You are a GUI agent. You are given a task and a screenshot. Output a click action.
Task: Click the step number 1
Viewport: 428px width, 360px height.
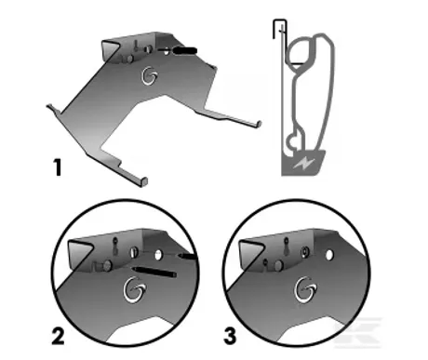pyautogui.click(x=58, y=167)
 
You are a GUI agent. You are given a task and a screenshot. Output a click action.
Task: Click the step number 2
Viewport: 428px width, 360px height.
pyautogui.click(x=58, y=337)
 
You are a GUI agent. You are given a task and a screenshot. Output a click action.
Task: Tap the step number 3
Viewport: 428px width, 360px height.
pyautogui.click(x=230, y=336)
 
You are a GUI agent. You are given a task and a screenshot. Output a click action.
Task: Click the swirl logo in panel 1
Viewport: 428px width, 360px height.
pyautogui.click(x=149, y=75)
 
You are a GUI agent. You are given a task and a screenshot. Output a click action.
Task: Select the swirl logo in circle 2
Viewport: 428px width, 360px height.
pyautogui.click(x=134, y=289)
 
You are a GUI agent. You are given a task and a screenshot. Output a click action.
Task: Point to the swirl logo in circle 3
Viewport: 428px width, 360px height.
pyautogui.click(x=305, y=289)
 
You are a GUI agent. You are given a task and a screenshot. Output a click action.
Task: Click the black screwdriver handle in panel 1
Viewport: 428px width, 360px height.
pyautogui.click(x=184, y=50)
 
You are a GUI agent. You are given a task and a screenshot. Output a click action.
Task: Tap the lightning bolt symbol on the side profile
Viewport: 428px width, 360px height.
pyautogui.click(x=304, y=163)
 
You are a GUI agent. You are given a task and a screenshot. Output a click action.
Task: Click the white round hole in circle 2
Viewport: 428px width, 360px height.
pyautogui.click(x=158, y=255)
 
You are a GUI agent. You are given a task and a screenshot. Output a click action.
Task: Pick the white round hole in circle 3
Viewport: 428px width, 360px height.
pyautogui.click(x=329, y=255)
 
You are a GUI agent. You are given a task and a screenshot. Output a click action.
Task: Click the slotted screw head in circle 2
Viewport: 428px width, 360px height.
pyautogui.click(x=134, y=251)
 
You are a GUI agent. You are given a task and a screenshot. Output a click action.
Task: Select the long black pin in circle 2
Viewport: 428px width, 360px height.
pyautogui.click(x=154, y=271)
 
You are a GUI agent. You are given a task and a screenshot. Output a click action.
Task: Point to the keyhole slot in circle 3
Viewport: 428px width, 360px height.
pyautogui.click(x=286, y=246)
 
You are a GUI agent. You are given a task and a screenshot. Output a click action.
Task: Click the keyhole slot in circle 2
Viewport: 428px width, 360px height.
pyautogui.click(x=115, y=246)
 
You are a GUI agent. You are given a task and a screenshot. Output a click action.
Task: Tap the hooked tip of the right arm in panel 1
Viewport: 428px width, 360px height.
pyautogui.click(x=259, y=125)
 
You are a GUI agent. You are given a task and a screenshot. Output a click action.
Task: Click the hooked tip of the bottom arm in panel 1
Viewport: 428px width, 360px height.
pyautogui.click(x=143, y=181)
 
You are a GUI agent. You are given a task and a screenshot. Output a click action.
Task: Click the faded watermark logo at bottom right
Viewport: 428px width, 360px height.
pyautogui.click(x=357, y=332)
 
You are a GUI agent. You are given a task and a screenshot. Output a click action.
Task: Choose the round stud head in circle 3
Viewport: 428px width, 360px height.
pyautogui.click(x=278, y=264)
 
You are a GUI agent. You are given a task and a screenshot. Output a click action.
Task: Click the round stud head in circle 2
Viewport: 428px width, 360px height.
pyautogui.click(x=107, y=265)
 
